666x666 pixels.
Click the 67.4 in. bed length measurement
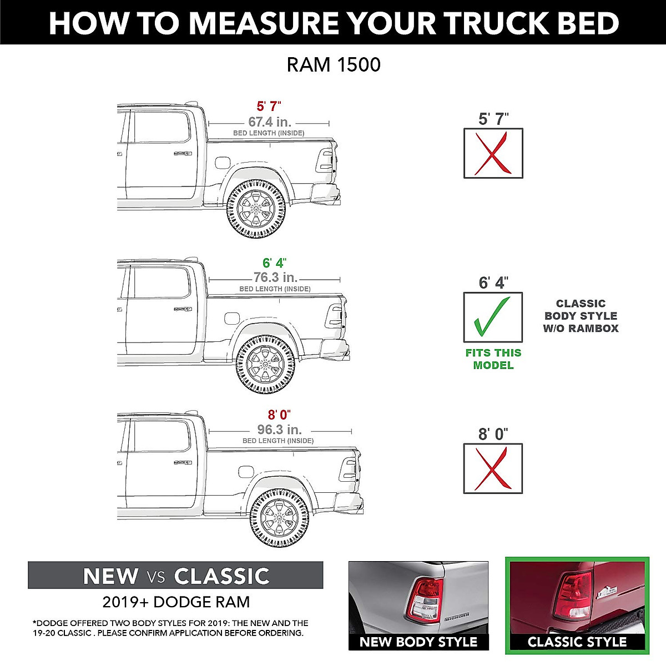click(x=270, y=122)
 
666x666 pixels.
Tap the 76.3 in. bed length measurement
click(x=275, y=277)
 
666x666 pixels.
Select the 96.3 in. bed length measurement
click(x=279, y=430)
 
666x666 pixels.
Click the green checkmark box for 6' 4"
click(x=493, y=317)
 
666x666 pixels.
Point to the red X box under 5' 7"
click(x=493, y=154)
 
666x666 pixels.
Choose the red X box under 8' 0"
click(x=493, y=468)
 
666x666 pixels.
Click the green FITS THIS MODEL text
click(x=493, y=359)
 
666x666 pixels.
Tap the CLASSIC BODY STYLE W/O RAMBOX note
click(x=581, y=316)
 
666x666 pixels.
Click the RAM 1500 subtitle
click(x=334, y=65)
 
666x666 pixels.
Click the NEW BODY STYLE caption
click(x=418, y=642)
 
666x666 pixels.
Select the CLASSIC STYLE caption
click(x=577, y=642)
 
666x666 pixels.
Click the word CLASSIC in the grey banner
click(x=221, y=576)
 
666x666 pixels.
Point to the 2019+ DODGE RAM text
click(x=176, y=602)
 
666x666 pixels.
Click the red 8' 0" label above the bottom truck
click(x=279, y=415)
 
